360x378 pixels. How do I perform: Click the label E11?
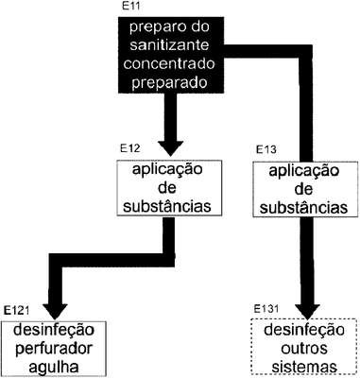pos(130,7)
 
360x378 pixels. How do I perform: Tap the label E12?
pos(129,148)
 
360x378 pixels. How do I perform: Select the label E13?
pos(266,149)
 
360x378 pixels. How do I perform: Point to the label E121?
pos(16,311)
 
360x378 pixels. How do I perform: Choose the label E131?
pos(266,309)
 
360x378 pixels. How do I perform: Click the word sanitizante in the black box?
pos(169,45)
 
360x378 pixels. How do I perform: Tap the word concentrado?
pos(169,64)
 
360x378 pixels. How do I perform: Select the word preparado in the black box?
pos(169,83)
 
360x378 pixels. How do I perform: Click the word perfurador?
pos(54,349)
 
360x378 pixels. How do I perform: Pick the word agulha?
pos(54,368)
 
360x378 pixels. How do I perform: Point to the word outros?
pos(300,349)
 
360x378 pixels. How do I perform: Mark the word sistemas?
pos(304,368)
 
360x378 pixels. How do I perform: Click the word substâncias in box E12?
pos(167,207)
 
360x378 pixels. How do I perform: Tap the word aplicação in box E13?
pos(304,172)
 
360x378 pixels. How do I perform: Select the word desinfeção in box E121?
pos(54,330)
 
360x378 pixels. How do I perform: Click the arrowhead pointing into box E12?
pos(170,148)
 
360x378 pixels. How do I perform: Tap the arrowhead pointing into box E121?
pos(55,312)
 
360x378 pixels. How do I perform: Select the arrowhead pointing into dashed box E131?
pos(307,312)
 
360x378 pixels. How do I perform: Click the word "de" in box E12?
pos(167,188)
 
